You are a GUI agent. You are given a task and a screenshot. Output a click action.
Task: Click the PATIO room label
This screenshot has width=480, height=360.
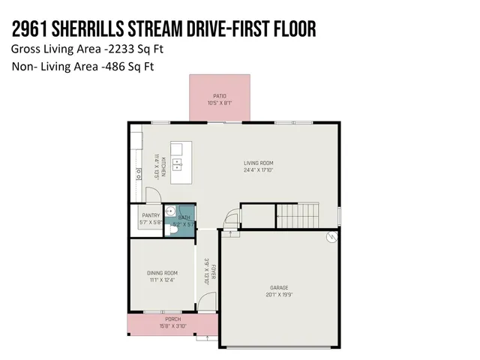219,96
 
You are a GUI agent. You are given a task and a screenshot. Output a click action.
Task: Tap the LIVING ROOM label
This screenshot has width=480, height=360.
258,163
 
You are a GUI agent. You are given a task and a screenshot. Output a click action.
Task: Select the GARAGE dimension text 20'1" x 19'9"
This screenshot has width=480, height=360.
279,294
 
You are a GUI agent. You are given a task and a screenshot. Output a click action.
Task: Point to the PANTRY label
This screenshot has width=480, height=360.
151,215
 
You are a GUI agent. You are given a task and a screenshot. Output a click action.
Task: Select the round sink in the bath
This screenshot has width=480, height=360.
170,211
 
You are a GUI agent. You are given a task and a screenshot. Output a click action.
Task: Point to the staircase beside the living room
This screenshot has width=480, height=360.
298,215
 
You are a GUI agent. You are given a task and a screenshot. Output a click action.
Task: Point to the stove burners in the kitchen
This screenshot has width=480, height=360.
138,174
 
